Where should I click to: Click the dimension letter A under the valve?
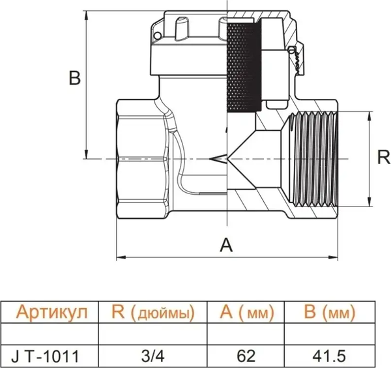coord(226,244)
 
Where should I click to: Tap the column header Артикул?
coord(51,313)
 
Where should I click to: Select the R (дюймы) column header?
coord(152,313)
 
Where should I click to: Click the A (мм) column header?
coord(247,313)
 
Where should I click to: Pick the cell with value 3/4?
coord(152,356)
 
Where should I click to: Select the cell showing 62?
coord(247,356)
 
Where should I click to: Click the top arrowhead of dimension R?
coord(370,115)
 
